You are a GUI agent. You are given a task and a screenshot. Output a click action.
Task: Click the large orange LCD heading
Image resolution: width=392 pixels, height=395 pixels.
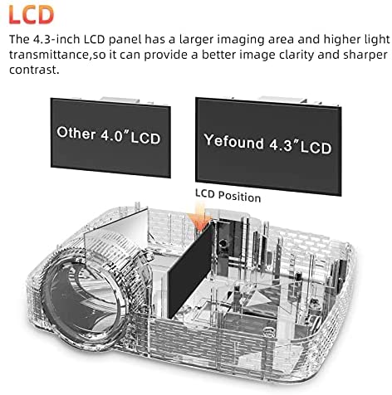coord(32,14)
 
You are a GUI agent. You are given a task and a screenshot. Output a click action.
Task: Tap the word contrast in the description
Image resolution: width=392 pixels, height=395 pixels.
coord(34,70)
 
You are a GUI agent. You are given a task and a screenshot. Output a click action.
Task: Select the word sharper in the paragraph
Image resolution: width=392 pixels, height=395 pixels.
coord(365,55)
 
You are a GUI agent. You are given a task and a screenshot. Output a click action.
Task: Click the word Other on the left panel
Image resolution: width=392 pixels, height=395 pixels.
coord(76,133)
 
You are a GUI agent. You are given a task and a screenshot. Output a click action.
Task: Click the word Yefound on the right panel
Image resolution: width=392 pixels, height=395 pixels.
coord(233,141)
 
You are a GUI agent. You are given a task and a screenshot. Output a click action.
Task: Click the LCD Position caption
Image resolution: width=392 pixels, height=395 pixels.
coord(228,196)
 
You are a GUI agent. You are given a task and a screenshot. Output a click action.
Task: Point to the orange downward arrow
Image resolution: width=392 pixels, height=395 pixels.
coord(199,217)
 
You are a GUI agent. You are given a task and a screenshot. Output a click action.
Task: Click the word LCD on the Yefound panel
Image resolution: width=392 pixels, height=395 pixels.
coord(316,148)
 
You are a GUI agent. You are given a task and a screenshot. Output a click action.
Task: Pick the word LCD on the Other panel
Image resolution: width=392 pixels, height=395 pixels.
coord(145,138)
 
